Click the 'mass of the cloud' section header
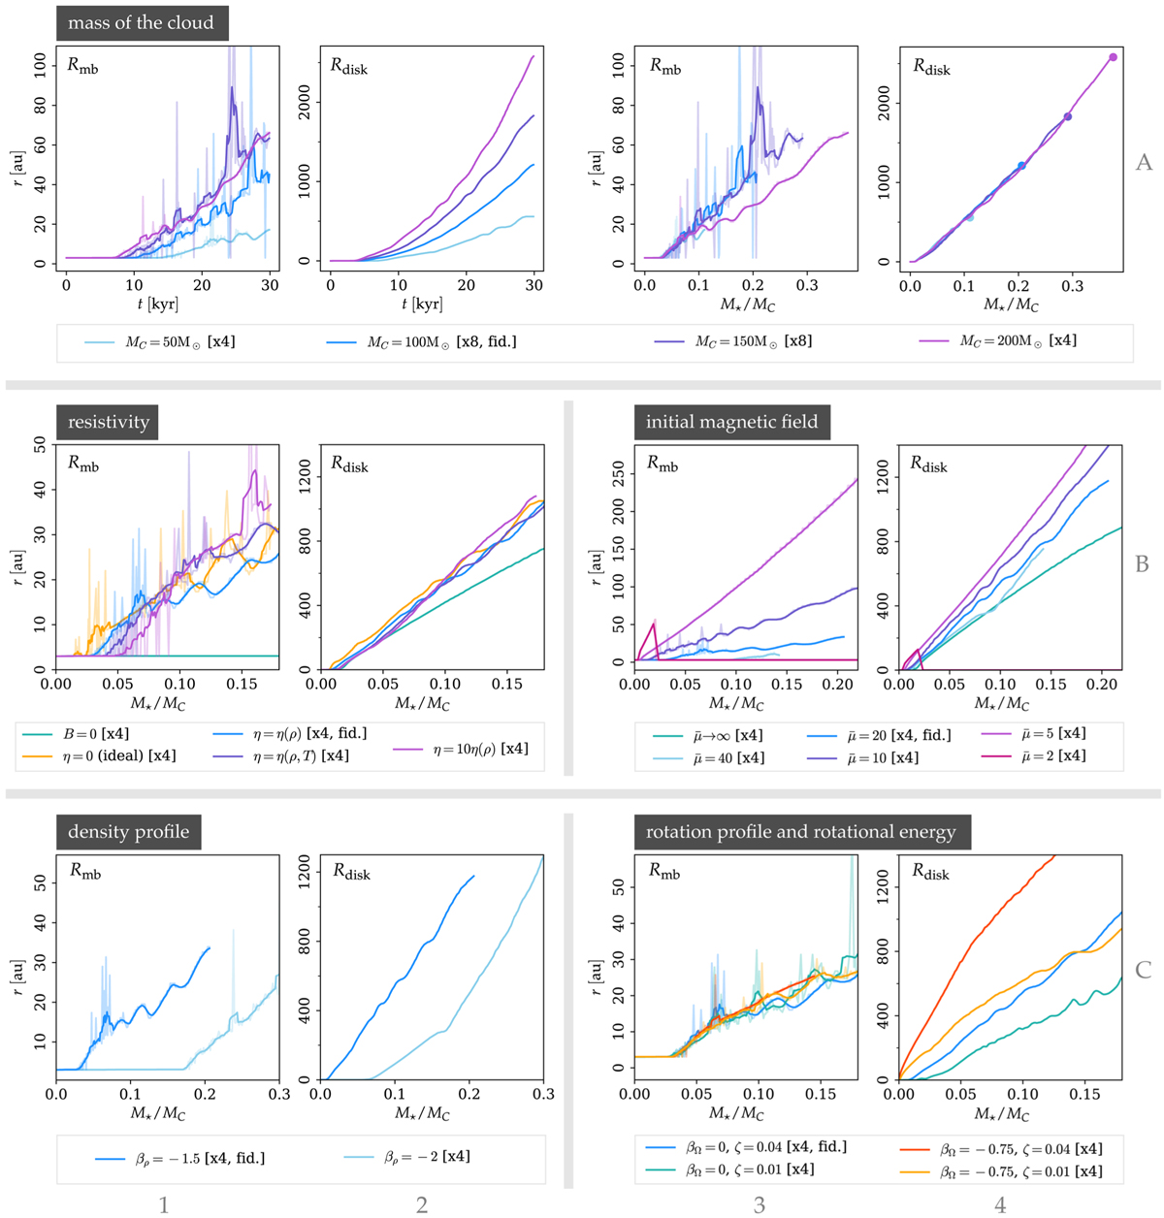(142, 22)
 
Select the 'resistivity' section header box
(108, 423)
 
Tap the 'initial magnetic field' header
(731, 422)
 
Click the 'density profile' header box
(128, 832)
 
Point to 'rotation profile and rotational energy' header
(800, 832)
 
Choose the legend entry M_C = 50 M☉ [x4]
(159, 341)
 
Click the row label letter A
(1144, 163)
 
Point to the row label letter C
(1144, 970)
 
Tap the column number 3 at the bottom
(760, 1205)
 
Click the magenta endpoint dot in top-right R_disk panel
(1113, 57)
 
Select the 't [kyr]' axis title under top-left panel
(157, 304)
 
